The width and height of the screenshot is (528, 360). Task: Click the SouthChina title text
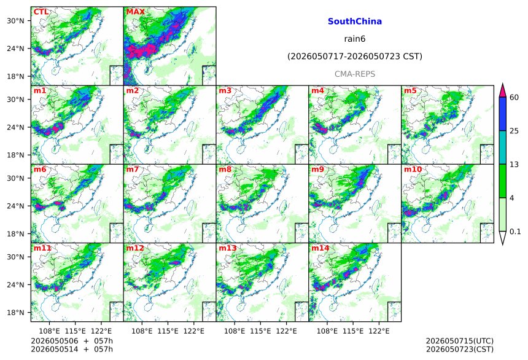[x=355, y=22]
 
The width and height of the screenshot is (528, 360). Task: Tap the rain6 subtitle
[x=355, y=39]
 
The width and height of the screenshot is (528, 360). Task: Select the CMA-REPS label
[x=355, y=74]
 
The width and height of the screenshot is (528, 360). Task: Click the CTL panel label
[x=41, y=12]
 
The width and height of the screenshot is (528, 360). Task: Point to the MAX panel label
[x=135, y=12]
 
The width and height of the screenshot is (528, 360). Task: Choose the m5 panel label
[x=410, y=91]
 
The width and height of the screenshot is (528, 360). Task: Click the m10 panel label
[x=413, y=169]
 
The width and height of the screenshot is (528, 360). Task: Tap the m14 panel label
[x=320, y=248]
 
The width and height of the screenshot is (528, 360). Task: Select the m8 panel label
[x=225, y=169]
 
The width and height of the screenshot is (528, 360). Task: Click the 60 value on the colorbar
[x=514, y=98]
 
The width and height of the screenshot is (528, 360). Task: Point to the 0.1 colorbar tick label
[x=515, y=232]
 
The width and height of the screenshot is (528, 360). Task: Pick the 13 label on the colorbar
[x=514, y=165]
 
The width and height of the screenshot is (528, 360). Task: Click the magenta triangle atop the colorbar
[x=503, y=91]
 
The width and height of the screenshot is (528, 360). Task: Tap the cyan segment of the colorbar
[x=503, y=147]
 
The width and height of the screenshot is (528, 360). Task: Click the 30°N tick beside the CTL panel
[x=16, y=21]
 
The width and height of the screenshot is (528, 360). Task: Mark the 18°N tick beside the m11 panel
[x=16, y=313]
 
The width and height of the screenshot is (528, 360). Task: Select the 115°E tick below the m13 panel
[x=260, y=331]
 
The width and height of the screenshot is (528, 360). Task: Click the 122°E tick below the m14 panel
[x=379, y=331]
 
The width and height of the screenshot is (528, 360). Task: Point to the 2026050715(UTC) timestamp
[x=460, y=342]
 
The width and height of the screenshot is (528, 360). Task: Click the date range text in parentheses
[x=355, y=57]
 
